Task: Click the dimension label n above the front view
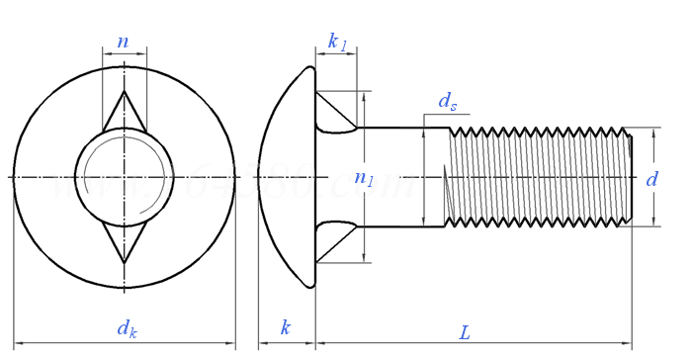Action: pos(123,42)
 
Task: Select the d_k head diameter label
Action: pos(127,329)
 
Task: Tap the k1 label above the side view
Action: pos(337,42)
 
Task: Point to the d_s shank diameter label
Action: pos(448,101)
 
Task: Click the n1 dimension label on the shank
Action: pos(365,178)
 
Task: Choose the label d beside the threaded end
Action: pos(651,179)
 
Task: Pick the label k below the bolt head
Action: pos(286,327)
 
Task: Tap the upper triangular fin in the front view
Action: pos(125,112)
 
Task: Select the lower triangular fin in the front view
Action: pos(125,243)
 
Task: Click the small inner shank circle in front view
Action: pos(125,177)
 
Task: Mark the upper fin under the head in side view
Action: pos(333,114)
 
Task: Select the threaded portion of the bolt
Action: pos(539,178)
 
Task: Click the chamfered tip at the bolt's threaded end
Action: pos(629,178)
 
